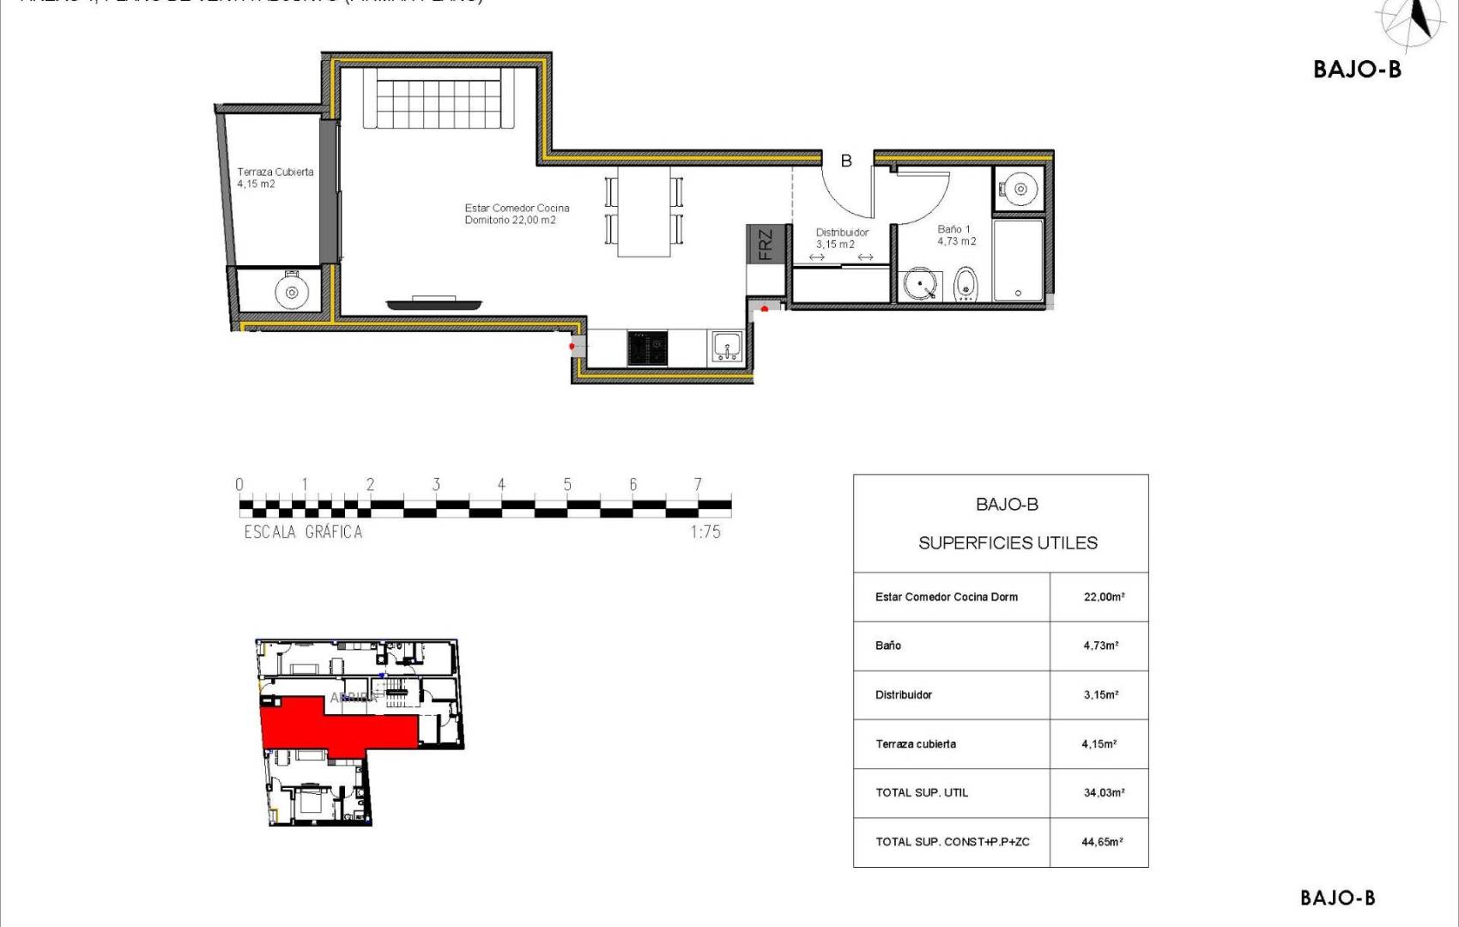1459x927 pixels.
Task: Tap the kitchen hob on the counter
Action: (x=647, y=348)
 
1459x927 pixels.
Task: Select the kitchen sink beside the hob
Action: (x=727, y=347)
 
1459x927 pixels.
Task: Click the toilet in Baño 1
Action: (x=966, y=283)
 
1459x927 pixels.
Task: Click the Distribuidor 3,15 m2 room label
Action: (x=841, y=238)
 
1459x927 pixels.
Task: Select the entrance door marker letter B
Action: (x=846, y=161)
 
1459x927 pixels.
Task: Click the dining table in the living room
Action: (x=644, y=211)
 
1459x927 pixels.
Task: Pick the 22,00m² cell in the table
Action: (x=1104, y=597)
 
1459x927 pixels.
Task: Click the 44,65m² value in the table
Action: (x=1102, y=842)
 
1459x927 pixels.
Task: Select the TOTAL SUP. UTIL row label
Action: (x=922, y=793)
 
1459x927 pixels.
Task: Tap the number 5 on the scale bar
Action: (x=567, y=485)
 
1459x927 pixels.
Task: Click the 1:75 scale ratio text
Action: (x=705, y=532)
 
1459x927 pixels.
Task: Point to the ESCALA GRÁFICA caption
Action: (x=303, y=532)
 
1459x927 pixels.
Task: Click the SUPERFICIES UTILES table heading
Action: (x=1008, y=542)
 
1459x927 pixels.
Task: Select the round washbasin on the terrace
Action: (x=292, y=292)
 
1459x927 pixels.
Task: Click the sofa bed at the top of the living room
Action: (x=439, y=99)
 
